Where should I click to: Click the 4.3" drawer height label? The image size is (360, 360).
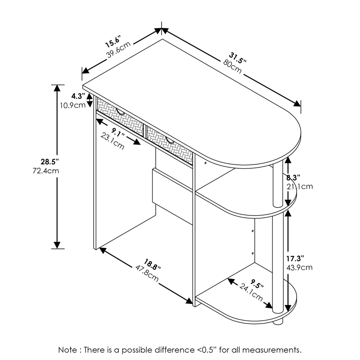tap(78, 96)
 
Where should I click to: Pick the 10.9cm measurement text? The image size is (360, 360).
tap(73, 105)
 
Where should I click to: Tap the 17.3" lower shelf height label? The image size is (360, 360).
tap(295, 258)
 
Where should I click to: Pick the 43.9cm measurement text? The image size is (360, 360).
tap(299, 268)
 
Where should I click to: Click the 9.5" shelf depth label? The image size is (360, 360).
tap(257, 284)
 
